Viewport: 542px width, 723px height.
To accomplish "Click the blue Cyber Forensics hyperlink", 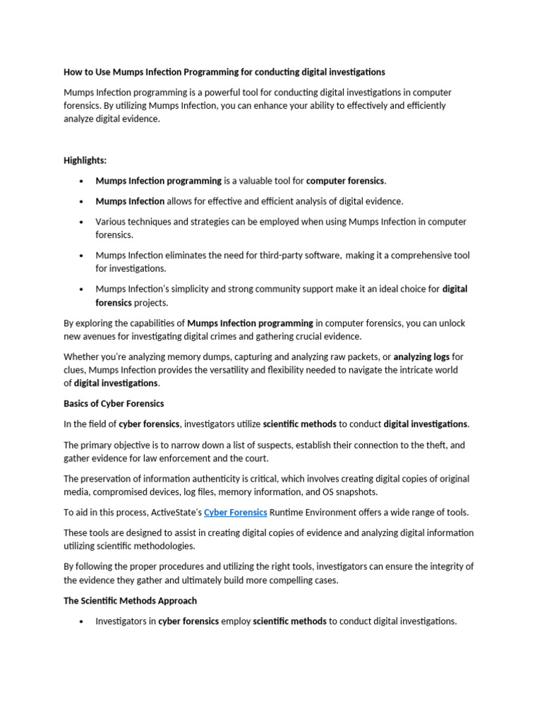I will coord(235,512).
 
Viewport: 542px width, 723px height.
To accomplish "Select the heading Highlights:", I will coord(85,160).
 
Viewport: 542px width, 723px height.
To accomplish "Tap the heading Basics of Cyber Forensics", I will coord(114,403).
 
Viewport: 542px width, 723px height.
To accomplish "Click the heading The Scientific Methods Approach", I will coord(130,600).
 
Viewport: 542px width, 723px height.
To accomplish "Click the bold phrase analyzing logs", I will coord(421,357).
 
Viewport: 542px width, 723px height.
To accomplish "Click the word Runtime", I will coord(287,512).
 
